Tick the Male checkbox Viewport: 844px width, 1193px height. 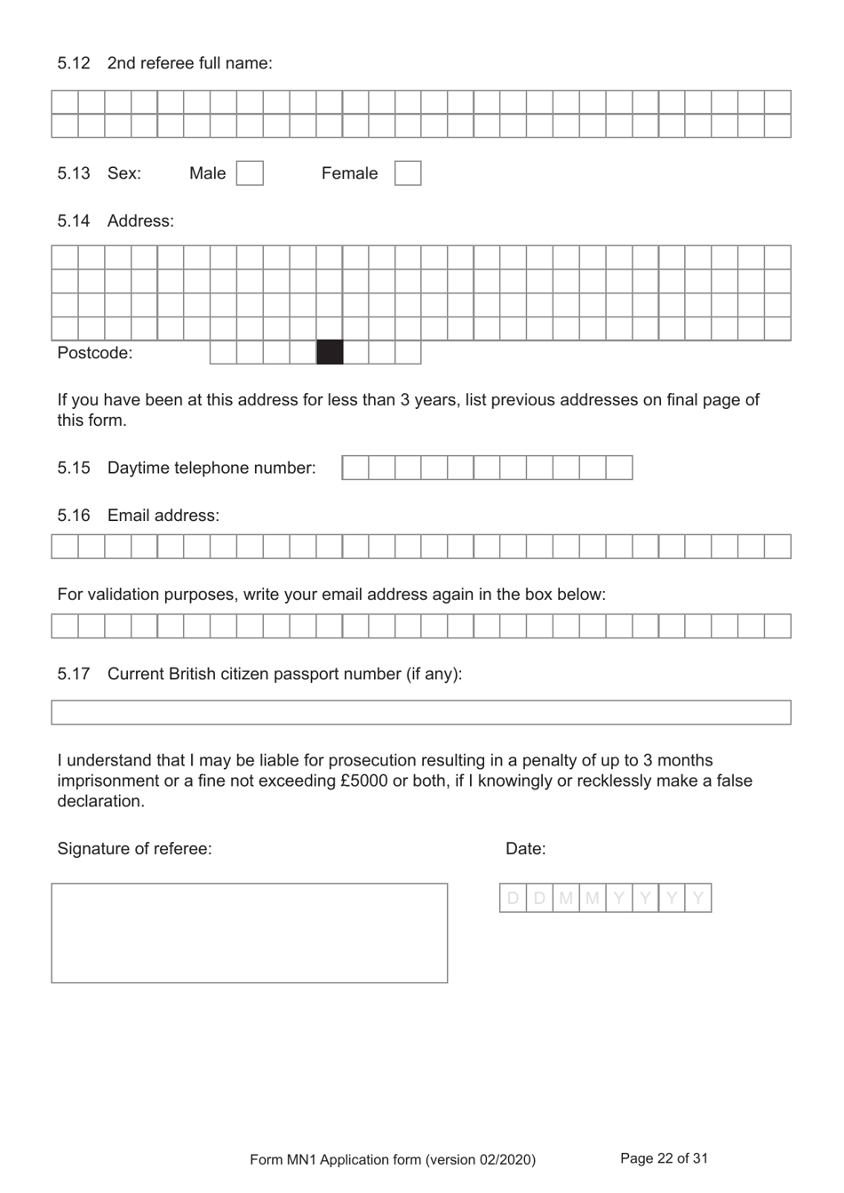pos(250,172)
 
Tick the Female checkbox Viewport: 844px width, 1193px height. pos(407,172)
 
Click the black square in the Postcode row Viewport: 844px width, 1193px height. pos(330,353)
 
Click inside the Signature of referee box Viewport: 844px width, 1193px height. pos(249,933)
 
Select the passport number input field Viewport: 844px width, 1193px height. pos(420,712)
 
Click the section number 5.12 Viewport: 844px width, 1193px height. pos(74,63)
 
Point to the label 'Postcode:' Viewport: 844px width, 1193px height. pos(94,353)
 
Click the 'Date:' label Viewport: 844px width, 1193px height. pos(525,849)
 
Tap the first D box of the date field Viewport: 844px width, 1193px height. pos(513,899)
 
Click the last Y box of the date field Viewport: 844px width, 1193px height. pos(698,899)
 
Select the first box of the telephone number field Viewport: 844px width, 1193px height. pos(355,468)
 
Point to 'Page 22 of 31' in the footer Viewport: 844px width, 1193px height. pos(664,1158)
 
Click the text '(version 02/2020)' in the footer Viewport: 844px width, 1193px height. pos(481,1159)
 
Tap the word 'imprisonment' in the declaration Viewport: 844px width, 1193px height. pos(108,781)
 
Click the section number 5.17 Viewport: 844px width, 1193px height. pos(74,674)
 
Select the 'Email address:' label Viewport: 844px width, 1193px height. pos(163,516)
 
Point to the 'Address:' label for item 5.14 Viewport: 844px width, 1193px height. pos(140,221)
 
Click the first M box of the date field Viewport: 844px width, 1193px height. pos(566,899)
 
